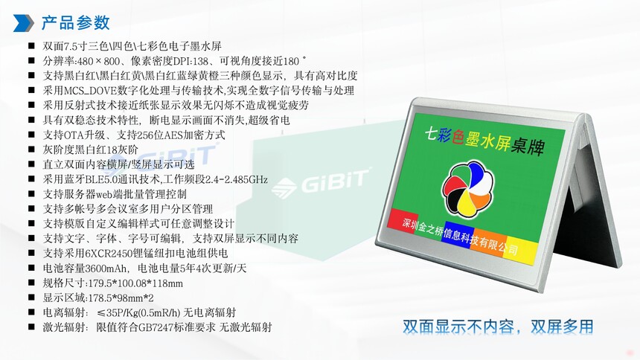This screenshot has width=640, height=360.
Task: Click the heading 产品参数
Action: coord(75,23)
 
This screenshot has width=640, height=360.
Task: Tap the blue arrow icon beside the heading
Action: coord(23,23)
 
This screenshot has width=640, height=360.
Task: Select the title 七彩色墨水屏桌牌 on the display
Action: coord(484,141)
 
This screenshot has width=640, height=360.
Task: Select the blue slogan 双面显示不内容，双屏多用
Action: coord(498,327)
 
